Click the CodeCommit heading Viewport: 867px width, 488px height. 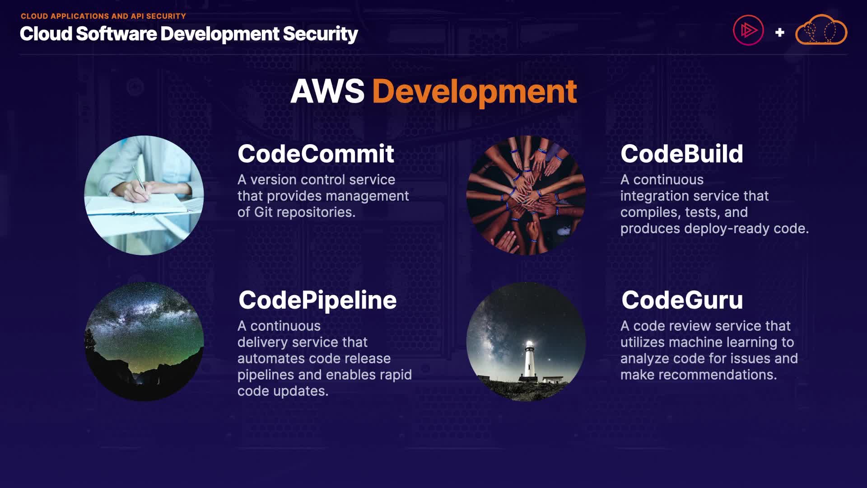(316, 154)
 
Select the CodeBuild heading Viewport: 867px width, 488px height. (681, 154)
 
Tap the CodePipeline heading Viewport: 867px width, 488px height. (317, 300)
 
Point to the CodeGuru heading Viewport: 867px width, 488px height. (682, 300)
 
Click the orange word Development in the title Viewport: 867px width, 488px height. (474, 92)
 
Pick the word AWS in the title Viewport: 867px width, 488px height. (327, 92)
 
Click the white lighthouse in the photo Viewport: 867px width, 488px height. (529, 359)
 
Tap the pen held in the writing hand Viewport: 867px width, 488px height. (140, 178)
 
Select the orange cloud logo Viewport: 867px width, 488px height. (821, 31)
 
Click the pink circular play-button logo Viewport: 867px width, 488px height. (748, 31)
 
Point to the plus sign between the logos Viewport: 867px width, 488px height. (779, 33)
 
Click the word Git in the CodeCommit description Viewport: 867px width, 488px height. (263, 212)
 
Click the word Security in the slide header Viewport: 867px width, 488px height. (320, 34)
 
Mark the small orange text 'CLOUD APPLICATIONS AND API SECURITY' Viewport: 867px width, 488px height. (103, 16)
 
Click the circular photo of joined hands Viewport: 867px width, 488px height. (526, 195)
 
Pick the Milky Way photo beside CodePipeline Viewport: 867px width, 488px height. (144, 342)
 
